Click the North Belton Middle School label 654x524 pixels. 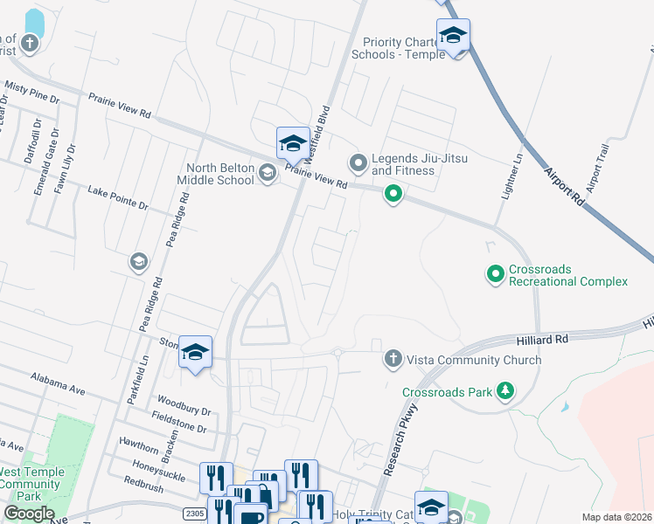click(219, 174)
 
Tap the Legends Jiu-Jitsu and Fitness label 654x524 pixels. click(403, 164)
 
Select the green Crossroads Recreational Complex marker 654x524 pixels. click(496, 275)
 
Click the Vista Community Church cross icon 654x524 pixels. click(393, 359)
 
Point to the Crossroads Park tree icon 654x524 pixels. click(504, 392)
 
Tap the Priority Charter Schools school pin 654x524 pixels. click(453, 38)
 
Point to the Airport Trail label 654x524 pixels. click(597, 169)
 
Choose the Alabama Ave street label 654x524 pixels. click(59, 384)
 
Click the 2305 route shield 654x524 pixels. click(196, 514)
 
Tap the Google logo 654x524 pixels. click(29, 514)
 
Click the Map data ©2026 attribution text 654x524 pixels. click(617, 517)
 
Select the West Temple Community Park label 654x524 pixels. click(31, 484)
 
